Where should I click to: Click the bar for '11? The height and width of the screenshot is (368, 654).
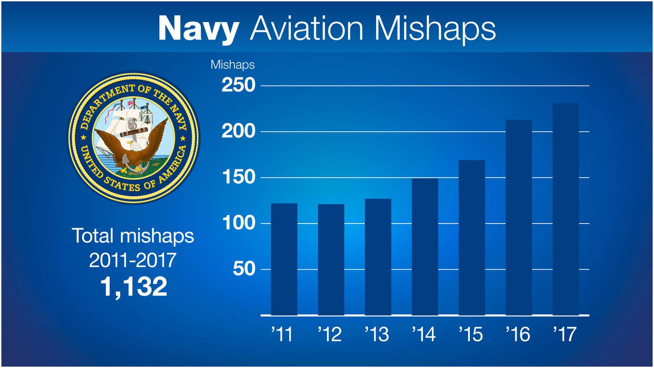point(284,259)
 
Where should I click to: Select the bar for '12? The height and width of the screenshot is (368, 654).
point(331,259)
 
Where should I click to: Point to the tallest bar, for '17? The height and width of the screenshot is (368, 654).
point(565,209)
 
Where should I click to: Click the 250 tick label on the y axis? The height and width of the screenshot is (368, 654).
point(238,86)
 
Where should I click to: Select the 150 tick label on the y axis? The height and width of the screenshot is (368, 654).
point(238,178)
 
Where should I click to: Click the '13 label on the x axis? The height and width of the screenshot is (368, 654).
point(377,335)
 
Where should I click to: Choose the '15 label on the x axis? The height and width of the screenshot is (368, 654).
point(471,335)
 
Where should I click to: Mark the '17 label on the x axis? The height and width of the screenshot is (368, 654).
point(565,335)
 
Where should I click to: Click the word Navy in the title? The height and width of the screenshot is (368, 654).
point(198,28)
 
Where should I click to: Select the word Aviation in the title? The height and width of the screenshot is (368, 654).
point(307,28)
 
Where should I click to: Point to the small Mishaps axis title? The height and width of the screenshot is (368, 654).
point(233,65)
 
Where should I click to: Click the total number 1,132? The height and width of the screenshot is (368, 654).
point(133,287)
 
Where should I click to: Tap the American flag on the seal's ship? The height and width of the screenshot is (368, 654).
point(131,103)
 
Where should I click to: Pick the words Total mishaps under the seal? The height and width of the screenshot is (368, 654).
point(133,236)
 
